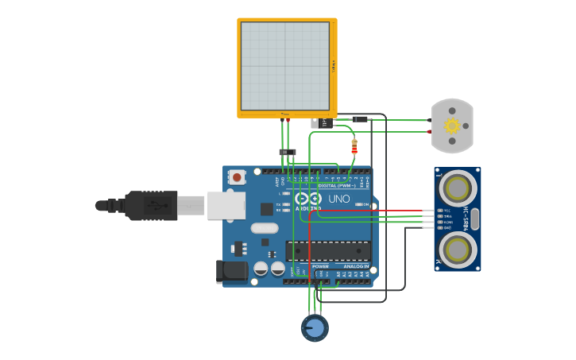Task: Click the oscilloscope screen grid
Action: click(x=284, y=66)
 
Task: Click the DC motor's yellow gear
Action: click(x=452, y=126)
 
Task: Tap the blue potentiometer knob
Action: click(x=315, y=327)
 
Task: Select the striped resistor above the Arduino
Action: click(x=354, y=146)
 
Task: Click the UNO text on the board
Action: click(x=339, y=199)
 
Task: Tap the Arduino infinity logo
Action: click(x=307, y=199)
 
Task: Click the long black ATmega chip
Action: click(x=328, y=251)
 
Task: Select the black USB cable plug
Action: click(x=147, y=205)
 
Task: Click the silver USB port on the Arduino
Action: click(x=226, y=205)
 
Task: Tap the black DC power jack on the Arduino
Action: click(x=232, y=271)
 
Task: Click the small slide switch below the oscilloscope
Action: click(x=288, y=152)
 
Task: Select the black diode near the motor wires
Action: click(x=360, y=119)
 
